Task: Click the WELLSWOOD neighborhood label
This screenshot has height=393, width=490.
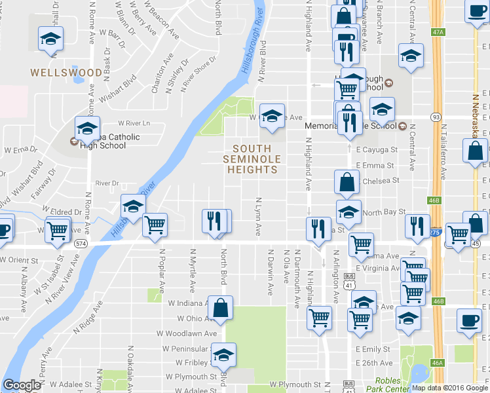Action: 66,72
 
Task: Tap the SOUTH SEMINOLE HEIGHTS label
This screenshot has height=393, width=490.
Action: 252,159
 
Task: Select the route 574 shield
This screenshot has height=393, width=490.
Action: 81,243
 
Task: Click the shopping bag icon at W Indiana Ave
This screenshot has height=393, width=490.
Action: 221,308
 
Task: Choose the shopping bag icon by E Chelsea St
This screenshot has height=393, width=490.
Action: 347,183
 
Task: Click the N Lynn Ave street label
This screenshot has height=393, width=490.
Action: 259,217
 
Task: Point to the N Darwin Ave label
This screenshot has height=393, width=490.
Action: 270,271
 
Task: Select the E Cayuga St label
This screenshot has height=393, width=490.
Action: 377,150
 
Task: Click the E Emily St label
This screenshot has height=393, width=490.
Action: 373,350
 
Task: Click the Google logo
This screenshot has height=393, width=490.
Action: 22,385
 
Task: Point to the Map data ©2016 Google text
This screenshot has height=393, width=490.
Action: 450,388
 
